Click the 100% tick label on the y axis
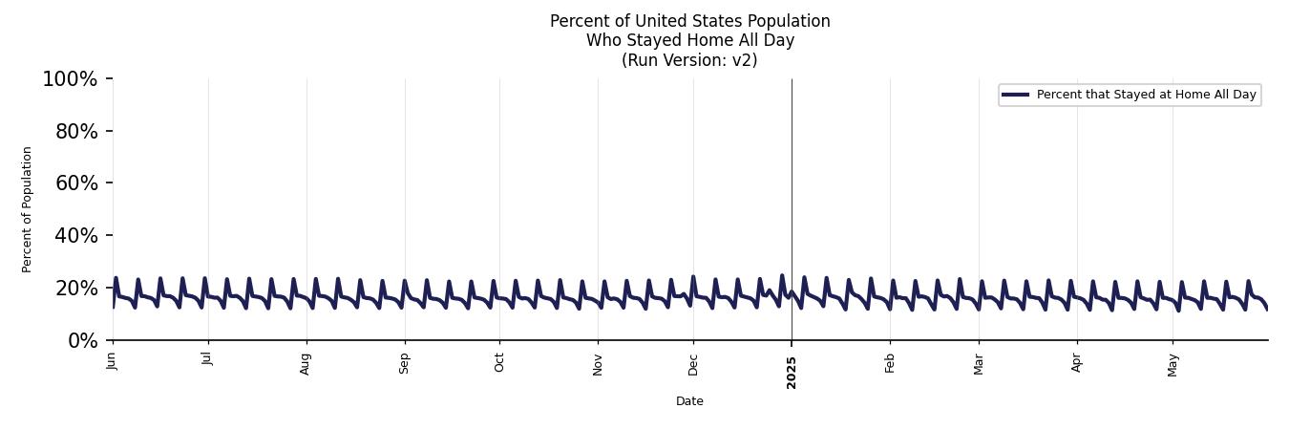pos(70,79)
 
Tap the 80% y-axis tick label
pos(76,132)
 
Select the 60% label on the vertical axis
pos(76,183)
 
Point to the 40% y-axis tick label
pos(76,236)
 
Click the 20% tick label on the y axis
pos(76,289)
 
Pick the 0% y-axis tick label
pos(83,341)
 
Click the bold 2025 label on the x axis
pos(792,373)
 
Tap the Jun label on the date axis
pos(113,360)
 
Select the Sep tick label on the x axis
pos(405,363)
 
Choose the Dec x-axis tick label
pos(693,363)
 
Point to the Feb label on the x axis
pos(890,362)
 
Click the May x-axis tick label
pos(1173,364)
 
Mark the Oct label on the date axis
pos(499,362)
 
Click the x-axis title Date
pos(689,401)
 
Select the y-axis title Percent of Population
pos(28,209)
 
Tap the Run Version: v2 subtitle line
pos(689,60)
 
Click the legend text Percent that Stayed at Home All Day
pos(1146,95)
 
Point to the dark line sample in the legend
pos(1015,95)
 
